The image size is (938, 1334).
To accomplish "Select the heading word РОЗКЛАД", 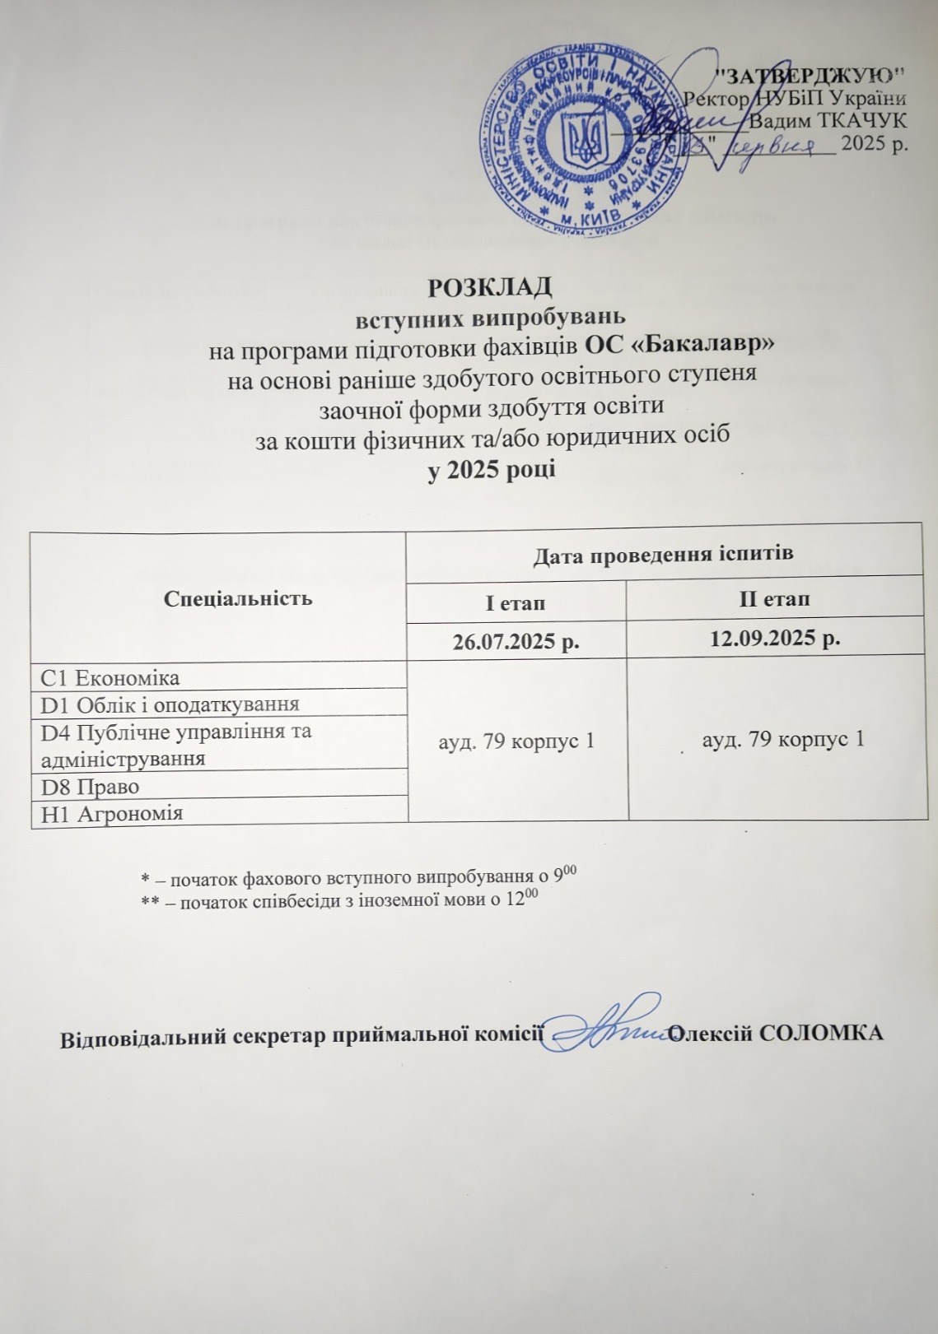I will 491,287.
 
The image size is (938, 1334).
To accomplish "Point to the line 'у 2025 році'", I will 492,471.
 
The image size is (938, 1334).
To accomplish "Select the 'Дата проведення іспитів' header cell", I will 663,554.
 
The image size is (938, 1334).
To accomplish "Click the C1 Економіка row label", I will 110,677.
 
